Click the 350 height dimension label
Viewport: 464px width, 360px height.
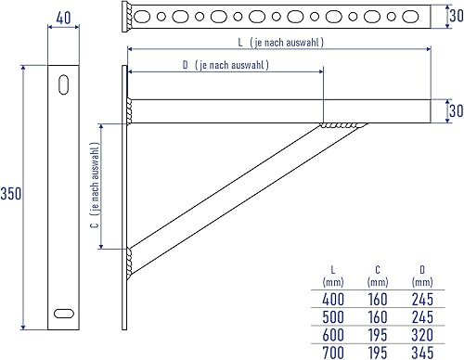[x=11, y=194]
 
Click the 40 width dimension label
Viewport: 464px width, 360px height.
[x=63, y=18]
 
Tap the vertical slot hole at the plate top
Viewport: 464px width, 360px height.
[x=64, y=84]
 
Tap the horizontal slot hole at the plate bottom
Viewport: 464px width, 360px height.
[x=64, y=314]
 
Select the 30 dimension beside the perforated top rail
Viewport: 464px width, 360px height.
[x=457, y=16]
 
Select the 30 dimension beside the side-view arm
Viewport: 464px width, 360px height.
[x=457, y=110]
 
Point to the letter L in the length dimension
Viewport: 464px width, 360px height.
[x=240, y=43]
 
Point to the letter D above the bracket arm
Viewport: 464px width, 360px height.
[x=186, y=65]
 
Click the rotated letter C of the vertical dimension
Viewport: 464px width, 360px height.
[x=95, y=225]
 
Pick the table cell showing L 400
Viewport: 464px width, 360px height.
[x=333, y=299]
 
